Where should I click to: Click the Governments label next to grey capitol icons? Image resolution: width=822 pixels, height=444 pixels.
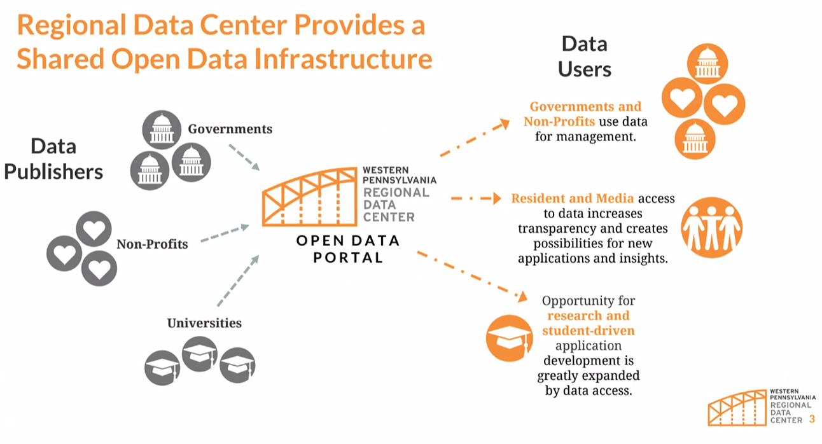pyautogui.click(x=230, y=129)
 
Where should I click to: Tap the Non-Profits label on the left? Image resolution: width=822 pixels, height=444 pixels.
pyautogui.click(x=152, y=244)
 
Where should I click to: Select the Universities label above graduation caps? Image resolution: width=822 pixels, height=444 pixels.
pyautogui.click(x=204, y=323)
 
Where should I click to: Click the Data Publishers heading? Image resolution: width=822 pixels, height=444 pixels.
pyautogui.click(x=53, y=159)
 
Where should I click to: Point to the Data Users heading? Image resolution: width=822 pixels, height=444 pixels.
pyautogui.click(x=584, y=56)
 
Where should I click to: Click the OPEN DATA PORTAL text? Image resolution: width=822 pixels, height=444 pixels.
pyautogui.click(x=347, y=249)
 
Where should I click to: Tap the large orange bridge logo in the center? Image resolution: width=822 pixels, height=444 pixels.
pyautogui.click(x=310, y=197)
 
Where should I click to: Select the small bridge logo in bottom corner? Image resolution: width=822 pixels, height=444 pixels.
pyautogui.click(x=737, y=407)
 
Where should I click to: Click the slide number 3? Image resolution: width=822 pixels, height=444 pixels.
pyautogui.click(x=812, y=419)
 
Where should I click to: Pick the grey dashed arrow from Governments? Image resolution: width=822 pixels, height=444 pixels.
pyautogui.click(x=243, y=156)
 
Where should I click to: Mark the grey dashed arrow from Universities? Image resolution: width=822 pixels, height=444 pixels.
pyautogui.click(x=237, y=281)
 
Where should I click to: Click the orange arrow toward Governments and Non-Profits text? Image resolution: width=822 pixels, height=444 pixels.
pyautogui.click(x=475, y=137)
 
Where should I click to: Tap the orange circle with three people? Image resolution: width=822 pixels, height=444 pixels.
pyautogui.click(x=712, y=226)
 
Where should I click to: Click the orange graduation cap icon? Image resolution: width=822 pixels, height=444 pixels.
pyautogui.click(x=509, y=337)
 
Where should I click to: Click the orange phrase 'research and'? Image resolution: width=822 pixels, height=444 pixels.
pyautogui.click(x=588, y=316)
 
